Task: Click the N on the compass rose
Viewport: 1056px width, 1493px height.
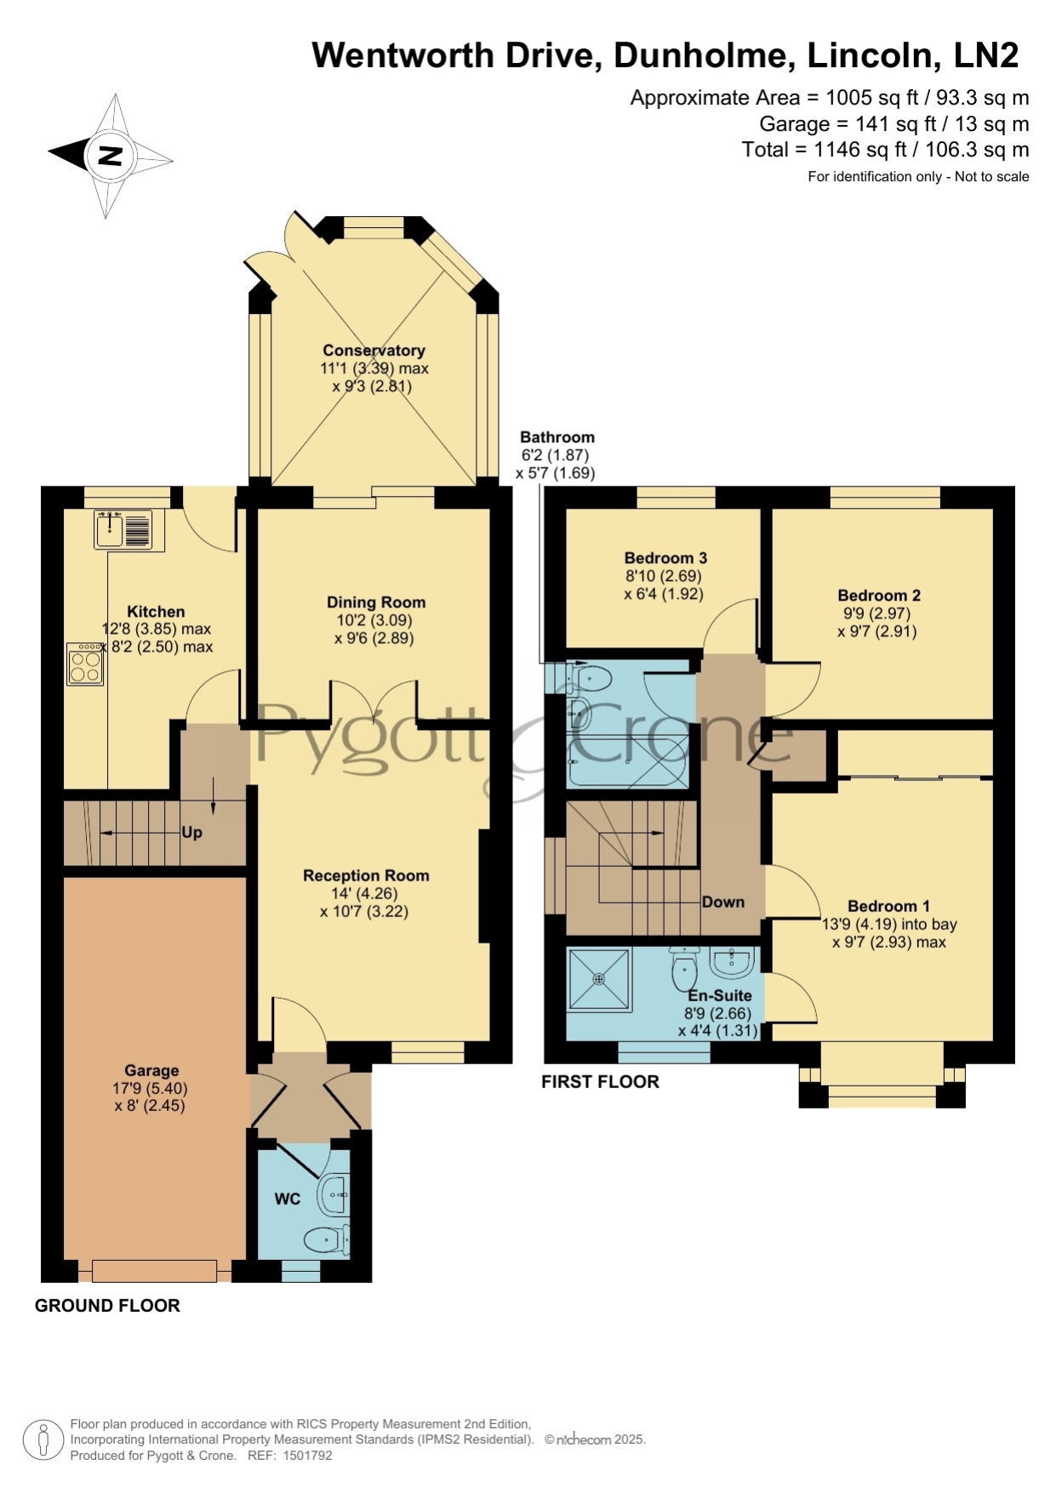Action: pos(111,156)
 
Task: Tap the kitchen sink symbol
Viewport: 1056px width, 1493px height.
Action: pos(123,529)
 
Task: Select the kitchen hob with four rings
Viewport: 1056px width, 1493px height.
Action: pos(86,664)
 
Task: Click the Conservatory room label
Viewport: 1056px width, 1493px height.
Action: pos(374,350)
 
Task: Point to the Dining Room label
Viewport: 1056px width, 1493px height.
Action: pos(376,602)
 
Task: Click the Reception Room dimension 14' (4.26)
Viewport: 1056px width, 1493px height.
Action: pos(365,893)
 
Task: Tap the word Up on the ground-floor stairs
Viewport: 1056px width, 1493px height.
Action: pos(191,832)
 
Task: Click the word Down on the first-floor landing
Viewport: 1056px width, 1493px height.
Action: pos(723,902)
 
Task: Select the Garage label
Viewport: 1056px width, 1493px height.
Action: pos(151,1070)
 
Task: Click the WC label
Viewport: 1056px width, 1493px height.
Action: pos(288,1199)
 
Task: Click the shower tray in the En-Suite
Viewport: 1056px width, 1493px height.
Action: pos(600,979)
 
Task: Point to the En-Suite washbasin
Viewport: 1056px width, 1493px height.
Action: pos(733,961)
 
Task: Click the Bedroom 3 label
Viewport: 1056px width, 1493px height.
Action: pos(665,558)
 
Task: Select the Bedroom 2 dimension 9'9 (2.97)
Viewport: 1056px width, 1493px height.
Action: pos(876,613)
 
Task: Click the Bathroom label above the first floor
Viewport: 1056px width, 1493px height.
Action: pos(557,437)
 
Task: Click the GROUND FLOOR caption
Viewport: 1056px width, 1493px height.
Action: pos(107,1306)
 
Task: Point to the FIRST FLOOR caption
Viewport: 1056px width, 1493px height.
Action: pos(601,1081)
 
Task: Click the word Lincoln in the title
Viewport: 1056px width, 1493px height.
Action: pos(873,55)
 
